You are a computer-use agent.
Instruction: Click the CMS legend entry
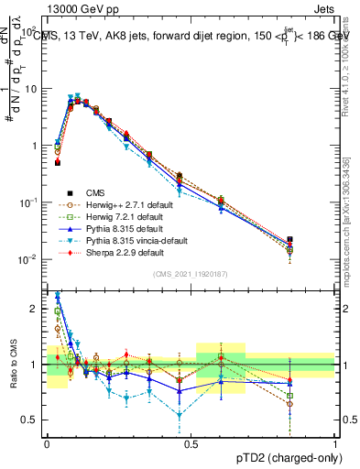tap(94, 192)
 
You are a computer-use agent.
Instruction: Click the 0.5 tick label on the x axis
tap(191, 442)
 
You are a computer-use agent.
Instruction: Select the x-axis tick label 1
tap(335, 442)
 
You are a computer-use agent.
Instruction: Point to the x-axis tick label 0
tap(48, 442)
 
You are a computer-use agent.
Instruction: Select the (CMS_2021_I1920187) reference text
tap(191, 275)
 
